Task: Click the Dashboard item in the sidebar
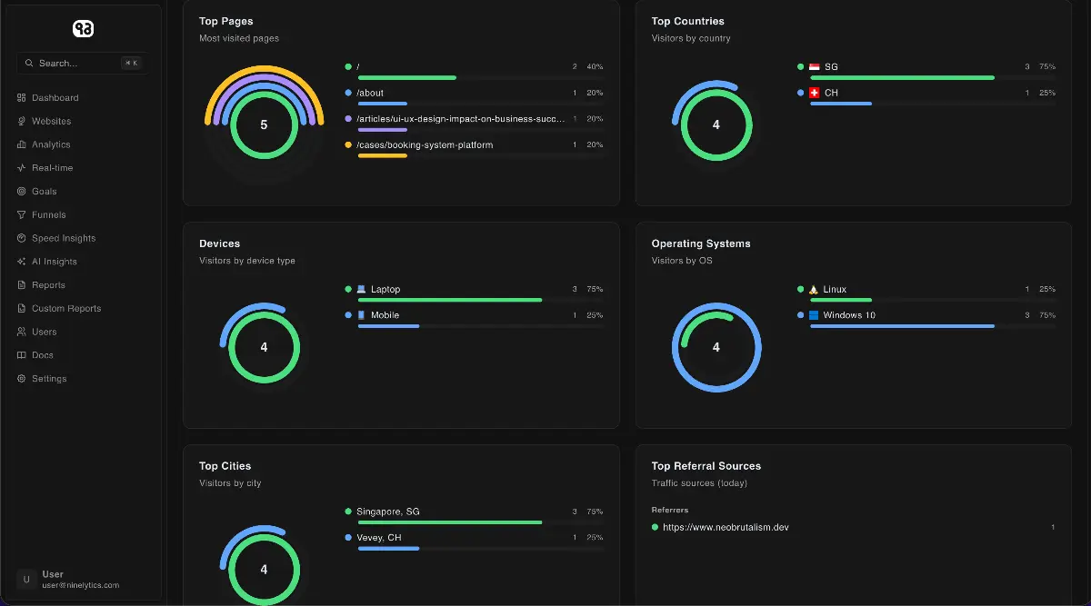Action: click(x=55, y=98)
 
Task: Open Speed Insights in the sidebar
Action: click(x=63, y=238)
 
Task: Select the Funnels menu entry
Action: click(x=48, y=215)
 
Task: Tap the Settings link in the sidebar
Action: click(x=49, y=379)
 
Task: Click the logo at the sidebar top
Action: click(x=83, y=29)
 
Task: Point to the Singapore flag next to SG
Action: click(x=815, y=67)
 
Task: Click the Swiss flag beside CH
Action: click(x=815, y=93)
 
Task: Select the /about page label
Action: click(x=370, y=93)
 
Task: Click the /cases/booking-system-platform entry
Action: click(x=425, y=145)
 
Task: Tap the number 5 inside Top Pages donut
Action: click(x=264, y=124)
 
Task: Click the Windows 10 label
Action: click(x=849, y=315)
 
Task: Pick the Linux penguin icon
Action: click(x=814, y=290)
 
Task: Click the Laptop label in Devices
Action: click(x=385, y=290)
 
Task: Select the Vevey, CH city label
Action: click(x=378, y=538)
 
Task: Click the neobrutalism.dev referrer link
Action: click(x=726, y=527)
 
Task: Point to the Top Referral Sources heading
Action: click(x=706, y=466)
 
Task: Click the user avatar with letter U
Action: click(x=26, y=580)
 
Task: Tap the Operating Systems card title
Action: click(x=702, y=243)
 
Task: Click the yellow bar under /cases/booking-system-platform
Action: click(x=382, y=156)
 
